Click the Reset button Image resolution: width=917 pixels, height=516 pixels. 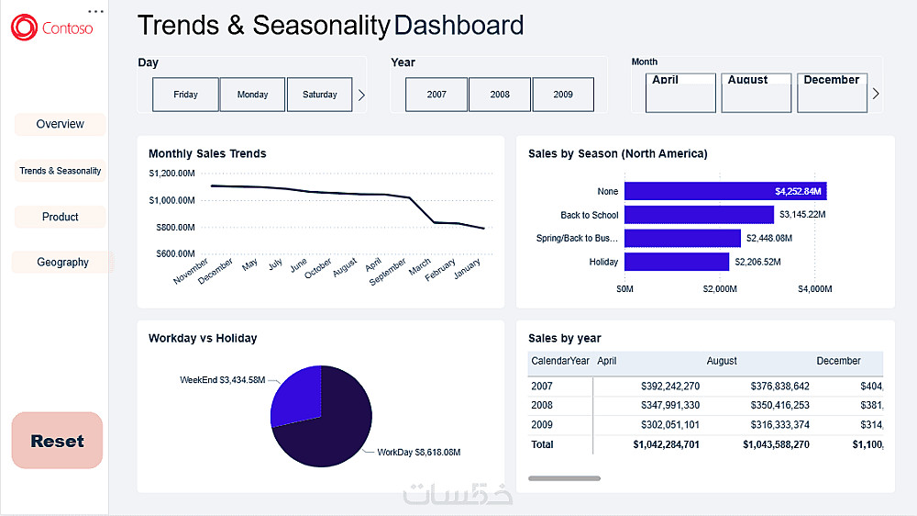pyautogui.click(x=57, y=441)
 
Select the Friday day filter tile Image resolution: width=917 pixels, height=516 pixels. pyautogui.click(x=185, y=95)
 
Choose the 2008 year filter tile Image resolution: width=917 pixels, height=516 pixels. pyautogui.click(x=500, y=95)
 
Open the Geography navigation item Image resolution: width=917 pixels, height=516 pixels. pyautogui.click(x=62, y=263)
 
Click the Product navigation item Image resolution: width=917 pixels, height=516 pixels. pyautogui.click(x=61, y=217)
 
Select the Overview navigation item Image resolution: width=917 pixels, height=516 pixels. pyautogui.click(x=60, y=124)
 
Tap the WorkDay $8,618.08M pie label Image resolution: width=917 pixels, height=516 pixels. pyautogui.click(x=418, y=453)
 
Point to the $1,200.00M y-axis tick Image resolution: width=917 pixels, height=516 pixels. pyautogui.click(x=171, y=173)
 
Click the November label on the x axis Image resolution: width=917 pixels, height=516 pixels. pyautogui.click(x=192, y=272)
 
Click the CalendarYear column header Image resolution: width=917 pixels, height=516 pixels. pyautogui.click(x=560, y=362)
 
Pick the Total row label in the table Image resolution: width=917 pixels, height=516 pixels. pyautogui.click(x=542, y=444)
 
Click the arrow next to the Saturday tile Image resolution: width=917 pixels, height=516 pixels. pyautogui.click(x=361, y=95)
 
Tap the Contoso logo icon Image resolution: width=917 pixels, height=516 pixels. pyautogui.click(x=24, y=28)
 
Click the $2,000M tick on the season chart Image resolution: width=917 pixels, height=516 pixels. pyautogui.click(x=720, y=289)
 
